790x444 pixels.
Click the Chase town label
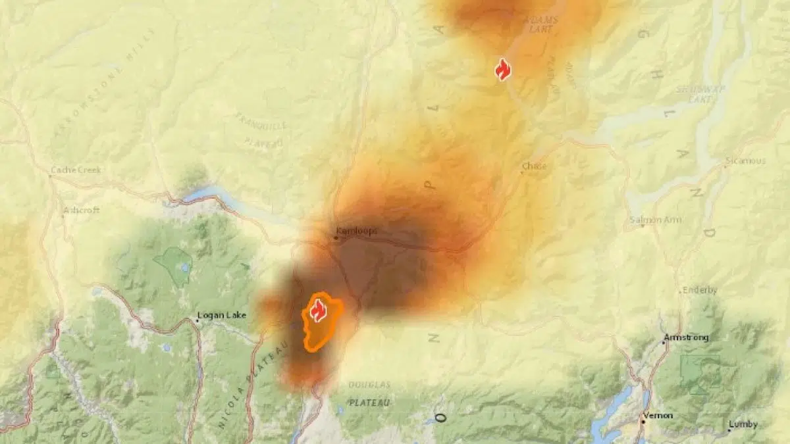tap(534, 166)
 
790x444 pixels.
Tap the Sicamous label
tap(746, 160)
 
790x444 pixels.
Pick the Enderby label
tap(699, 290)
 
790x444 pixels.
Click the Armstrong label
tap(687, 337)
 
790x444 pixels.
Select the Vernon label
tap(658, 415)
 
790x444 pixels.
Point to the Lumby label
tap(743, 424)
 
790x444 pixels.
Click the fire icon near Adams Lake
tap(503, 69)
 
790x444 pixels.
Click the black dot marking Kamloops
tap(336, 238)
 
